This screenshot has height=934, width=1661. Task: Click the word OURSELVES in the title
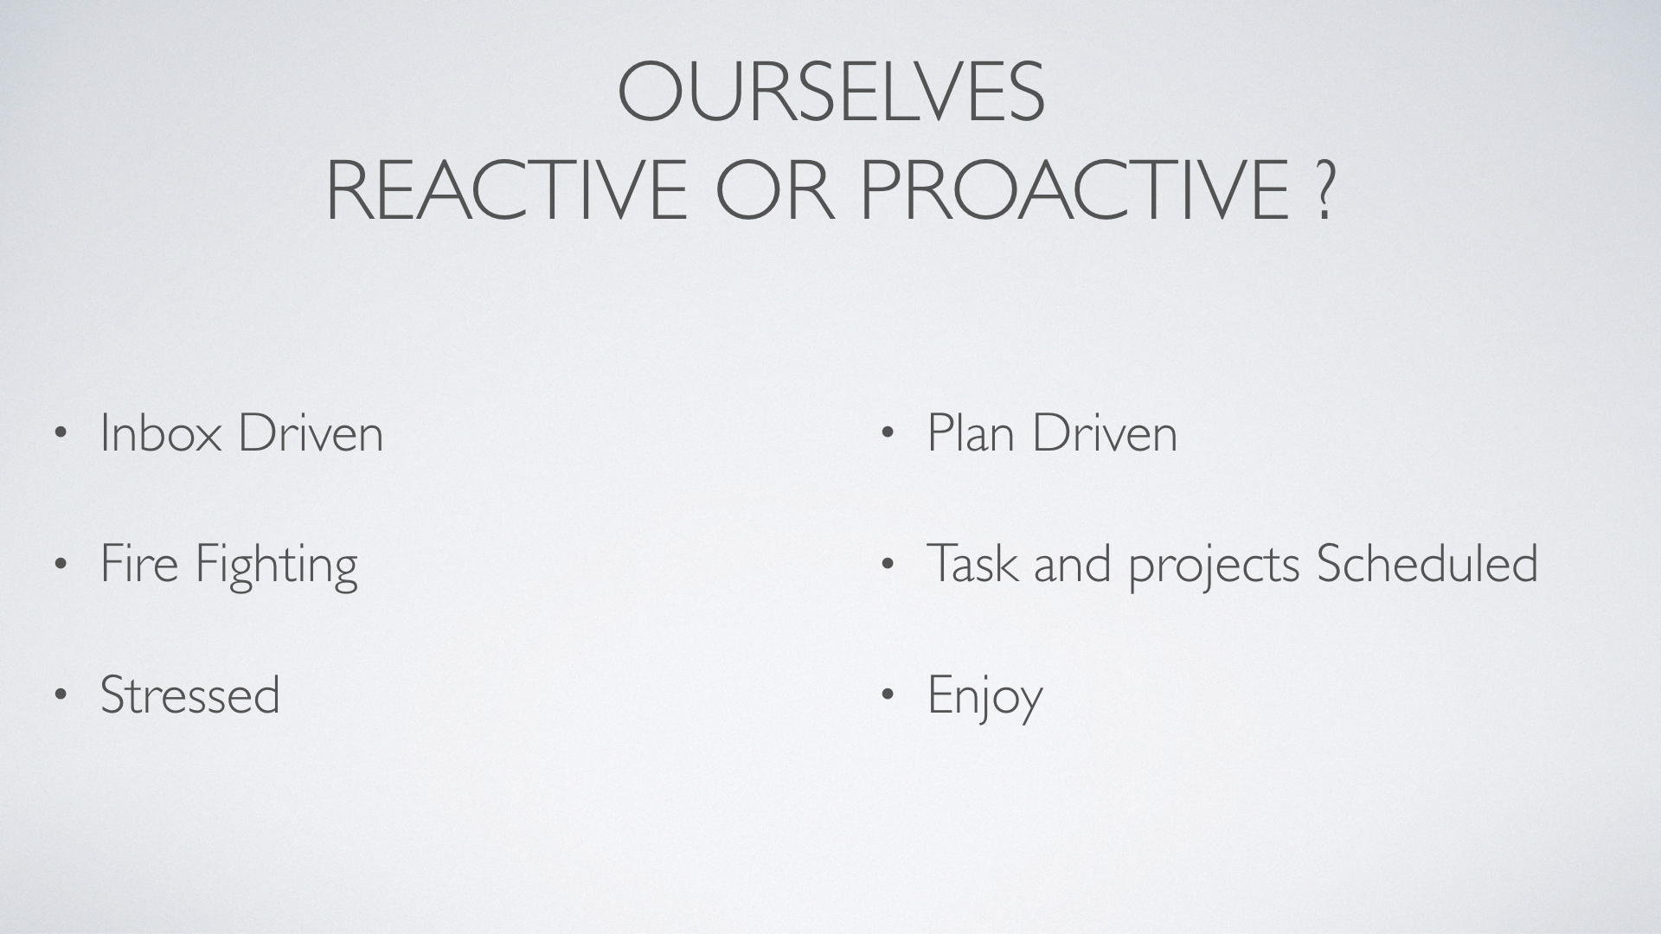pos(831,91)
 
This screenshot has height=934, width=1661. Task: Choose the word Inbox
pos(161,432)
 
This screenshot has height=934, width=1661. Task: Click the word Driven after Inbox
pos(311,432)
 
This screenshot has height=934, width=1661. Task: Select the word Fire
pos(139,563)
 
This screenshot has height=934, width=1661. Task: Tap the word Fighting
pos(276,566)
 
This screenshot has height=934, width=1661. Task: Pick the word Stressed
pos(190,694)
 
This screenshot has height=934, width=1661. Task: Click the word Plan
pos(971,432)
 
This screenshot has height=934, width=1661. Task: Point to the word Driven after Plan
pos(1105,432)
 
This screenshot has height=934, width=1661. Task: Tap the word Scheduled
pos(1427,563)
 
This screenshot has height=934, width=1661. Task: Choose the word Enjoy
pos(985,697)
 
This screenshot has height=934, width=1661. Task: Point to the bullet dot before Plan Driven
pos(887,433)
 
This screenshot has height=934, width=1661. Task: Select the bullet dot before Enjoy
pos(887,695)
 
